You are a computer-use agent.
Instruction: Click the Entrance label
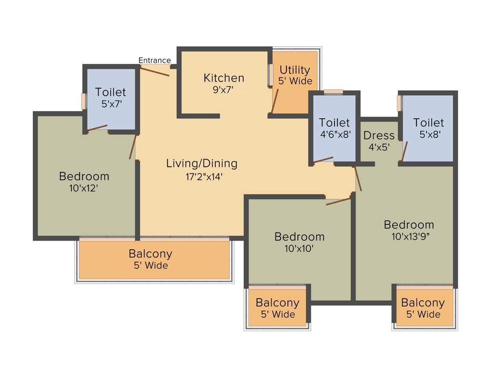click(x=154, y=60)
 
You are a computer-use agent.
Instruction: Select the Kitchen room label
click(x=224, y=78)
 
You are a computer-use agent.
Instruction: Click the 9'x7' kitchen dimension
click(x=223, y=89)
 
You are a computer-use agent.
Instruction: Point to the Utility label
click(x=295, y=70)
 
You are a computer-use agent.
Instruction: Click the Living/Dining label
click(x=202, y=163)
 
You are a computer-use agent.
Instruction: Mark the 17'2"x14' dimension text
click(x=202, y=176)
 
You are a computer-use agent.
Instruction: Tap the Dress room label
click(x=379, y=136)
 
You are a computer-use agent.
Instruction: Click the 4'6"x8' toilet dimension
click(x=335, y=134)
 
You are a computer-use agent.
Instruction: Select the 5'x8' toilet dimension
click(x=428, y=134)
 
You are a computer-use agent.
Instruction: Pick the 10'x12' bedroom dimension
click(x=84, y=188)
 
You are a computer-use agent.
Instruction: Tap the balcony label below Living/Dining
click(x=150, y=254)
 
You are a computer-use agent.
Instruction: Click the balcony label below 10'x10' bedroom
click(x=277, y=303)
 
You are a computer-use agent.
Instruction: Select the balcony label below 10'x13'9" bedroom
click(x=423, y=303)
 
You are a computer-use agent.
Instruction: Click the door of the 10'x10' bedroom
click(x=338, y=200)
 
